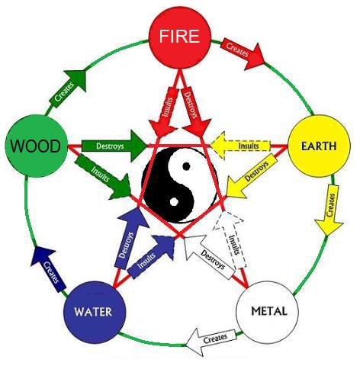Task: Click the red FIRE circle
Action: point(179,37)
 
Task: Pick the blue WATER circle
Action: point(93,312)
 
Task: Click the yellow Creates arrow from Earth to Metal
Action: point(330,210)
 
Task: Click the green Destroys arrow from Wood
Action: point(110,143)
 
